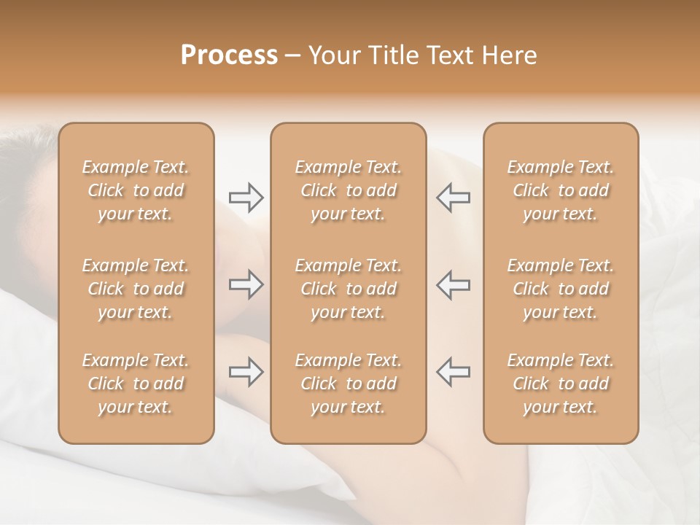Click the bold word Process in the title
[229, 55]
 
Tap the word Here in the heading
[510, 55]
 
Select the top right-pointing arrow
[246, 197]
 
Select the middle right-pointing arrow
[246, 284]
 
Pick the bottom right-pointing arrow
[246, 371]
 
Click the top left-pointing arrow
[454, 197]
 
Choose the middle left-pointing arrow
[454, 284]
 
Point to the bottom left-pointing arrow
[454, 371]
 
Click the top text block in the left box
[136, 190]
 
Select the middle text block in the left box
[136, 289]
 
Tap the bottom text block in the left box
[136, 384]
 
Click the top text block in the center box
[348, 190]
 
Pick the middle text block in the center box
[348, 289]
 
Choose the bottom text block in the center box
[348, 384]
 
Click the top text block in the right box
[560, 190]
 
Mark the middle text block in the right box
[560, 289]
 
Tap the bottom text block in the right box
[560, 384]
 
